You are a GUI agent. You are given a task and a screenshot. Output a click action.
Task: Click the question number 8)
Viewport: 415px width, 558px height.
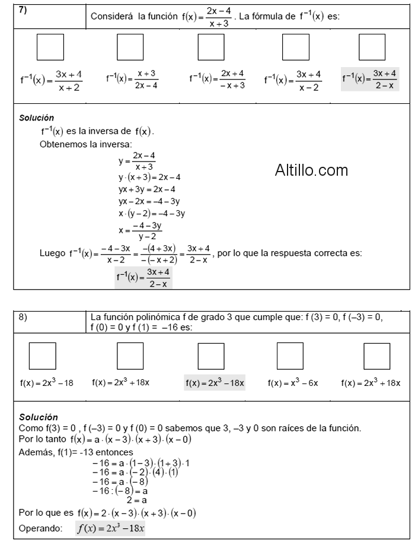point(23,317)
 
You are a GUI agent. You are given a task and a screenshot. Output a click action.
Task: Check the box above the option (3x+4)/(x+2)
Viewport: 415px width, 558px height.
point(50,47)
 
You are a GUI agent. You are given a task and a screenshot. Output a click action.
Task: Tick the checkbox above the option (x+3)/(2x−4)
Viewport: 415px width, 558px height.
point(130,47)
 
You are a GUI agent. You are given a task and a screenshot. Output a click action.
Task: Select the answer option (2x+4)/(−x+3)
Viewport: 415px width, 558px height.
point(217,78)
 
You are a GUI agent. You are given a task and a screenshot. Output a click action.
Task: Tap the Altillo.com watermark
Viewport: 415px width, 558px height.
point(311,170)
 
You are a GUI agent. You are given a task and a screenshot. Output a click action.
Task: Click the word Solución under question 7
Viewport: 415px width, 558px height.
point(37,118)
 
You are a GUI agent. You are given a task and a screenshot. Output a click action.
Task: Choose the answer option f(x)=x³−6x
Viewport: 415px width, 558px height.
point(293,383)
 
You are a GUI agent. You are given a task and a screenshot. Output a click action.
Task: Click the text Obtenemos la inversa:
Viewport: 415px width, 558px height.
point(86,144)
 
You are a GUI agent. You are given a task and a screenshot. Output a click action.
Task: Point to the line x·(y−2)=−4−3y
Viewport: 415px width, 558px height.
point(152,213)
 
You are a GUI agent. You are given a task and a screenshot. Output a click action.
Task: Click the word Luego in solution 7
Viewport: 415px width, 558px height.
point(52,253)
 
